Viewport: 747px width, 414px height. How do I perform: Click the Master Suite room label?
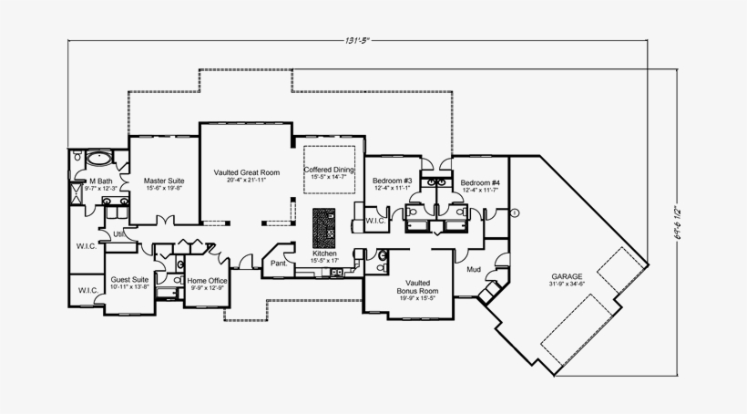pos(165,180)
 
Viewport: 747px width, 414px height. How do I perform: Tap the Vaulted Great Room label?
pos(246,171)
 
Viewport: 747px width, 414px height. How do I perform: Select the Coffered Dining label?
pos(329,171)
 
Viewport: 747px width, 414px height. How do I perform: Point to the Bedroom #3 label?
pos(393,181)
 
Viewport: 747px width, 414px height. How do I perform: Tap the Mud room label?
pos(474,270)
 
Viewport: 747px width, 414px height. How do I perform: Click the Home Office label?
pos(207,280)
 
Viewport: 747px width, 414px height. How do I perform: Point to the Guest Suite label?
pos(130,280)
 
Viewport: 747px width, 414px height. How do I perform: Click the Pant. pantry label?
pos(277,264)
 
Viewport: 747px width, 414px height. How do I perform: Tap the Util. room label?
pos(118,233)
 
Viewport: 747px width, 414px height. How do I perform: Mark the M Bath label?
pos(100,181)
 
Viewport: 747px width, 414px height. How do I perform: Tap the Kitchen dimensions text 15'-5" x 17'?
pos(325,260)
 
